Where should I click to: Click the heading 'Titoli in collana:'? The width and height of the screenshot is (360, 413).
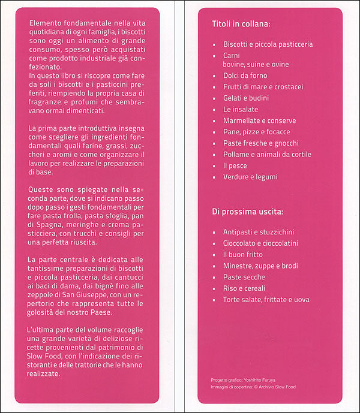click(x=241, y=25)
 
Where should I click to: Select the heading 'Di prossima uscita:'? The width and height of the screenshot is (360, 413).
click(x=248, y=212)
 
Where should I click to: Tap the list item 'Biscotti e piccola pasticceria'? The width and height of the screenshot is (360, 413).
click(x=268, y=44)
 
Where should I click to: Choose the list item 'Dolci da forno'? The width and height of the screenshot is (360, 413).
click(x=245, y=76)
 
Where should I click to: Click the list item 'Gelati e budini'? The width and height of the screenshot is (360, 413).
click(x=246, y=98)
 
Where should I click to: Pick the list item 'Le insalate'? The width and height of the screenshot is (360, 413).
click(x=241, y=110)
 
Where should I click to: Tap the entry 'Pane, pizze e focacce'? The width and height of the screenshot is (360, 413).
click(x=256, y=132)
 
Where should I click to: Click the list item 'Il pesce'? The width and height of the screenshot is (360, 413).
click(x=235, y=165)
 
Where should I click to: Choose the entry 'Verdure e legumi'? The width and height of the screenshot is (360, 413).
click(x=250, y=177)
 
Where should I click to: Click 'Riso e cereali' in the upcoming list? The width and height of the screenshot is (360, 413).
click(x=245, y=288)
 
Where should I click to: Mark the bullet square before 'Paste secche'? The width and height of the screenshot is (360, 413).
click(x=214, y=278)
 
